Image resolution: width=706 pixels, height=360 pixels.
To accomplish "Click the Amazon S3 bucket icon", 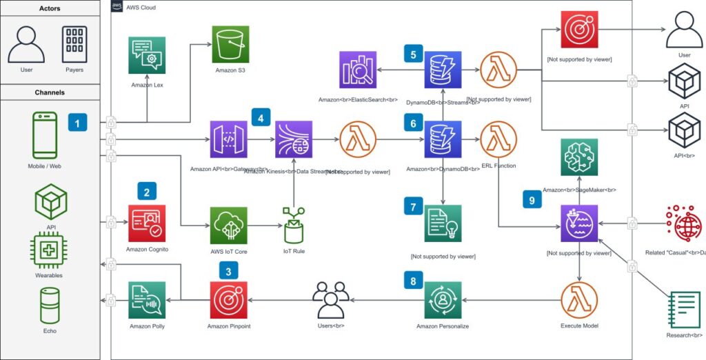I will tap(230, 45).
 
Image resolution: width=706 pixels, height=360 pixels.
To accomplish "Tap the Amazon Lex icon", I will tap(147, 56).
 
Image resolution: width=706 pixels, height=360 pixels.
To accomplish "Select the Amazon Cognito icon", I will tap(147, 222).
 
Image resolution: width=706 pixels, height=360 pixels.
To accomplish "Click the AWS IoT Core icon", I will tap(230, 223).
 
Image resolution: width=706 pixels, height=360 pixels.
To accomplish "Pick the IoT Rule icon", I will tap(293, 223).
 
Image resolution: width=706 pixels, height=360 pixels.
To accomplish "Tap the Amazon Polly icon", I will tap(147, 299).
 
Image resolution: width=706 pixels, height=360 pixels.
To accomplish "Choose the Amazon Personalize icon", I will tap(443, 299).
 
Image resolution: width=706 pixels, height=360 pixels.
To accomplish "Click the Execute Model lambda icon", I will tap(579, 299).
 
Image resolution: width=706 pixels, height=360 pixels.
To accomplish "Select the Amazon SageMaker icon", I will tap(579, 157).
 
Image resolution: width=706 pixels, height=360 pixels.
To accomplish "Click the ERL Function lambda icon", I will tap(500, 139).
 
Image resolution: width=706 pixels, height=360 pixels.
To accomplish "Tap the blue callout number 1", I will tap(77, 123).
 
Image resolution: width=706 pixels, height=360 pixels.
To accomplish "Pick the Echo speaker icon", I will tap(50, 305).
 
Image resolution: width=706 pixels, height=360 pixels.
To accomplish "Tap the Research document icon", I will tap(684, 310).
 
